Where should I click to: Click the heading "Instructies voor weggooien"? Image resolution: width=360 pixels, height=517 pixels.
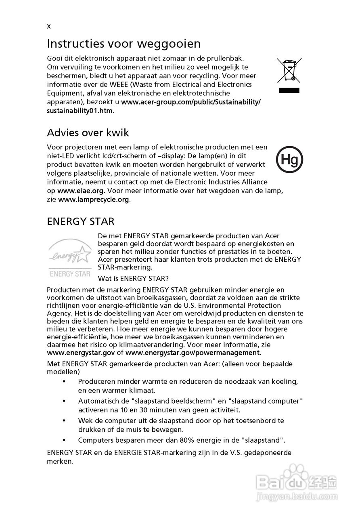click(124, 43)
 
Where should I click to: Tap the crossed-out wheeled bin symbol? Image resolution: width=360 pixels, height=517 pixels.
click(289, 69)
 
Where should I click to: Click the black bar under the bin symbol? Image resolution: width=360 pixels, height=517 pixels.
click(289, 90)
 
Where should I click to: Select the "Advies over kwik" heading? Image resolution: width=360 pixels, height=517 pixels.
click(88, 132)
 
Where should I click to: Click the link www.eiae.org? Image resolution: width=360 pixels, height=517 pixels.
click(81, 191)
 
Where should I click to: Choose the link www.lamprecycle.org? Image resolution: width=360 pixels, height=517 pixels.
click(94, 200)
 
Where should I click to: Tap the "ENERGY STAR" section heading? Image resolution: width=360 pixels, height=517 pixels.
click(81, 221)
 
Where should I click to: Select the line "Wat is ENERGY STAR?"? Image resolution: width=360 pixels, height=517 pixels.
click(133, 278)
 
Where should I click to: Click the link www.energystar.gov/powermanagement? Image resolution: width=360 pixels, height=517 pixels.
click(193, 353)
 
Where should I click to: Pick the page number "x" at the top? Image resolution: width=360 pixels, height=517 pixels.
click(49, 27)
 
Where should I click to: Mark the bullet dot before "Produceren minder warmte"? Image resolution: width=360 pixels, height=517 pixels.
click(64, 382)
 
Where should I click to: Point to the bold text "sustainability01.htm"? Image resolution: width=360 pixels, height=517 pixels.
click(80, 111)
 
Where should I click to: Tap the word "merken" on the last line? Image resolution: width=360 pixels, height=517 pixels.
click(60, 461)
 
